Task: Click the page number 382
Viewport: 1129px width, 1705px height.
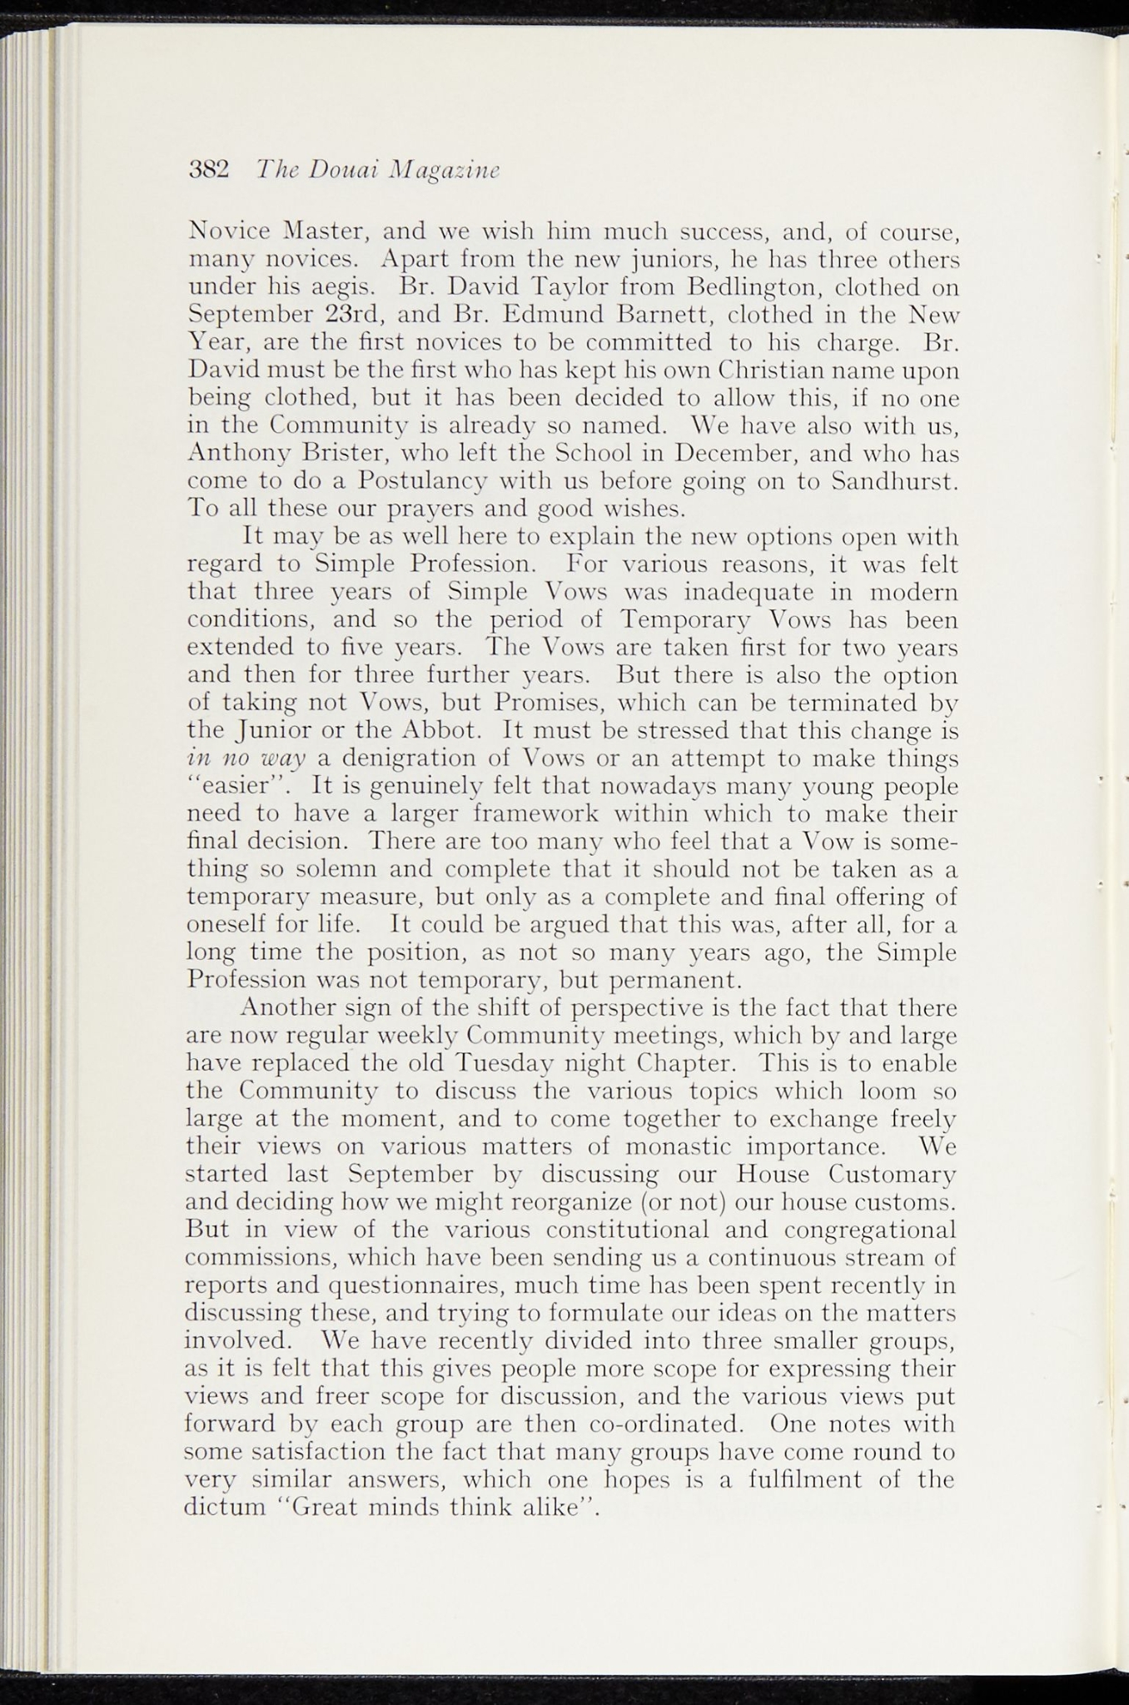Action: click(209, 170)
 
